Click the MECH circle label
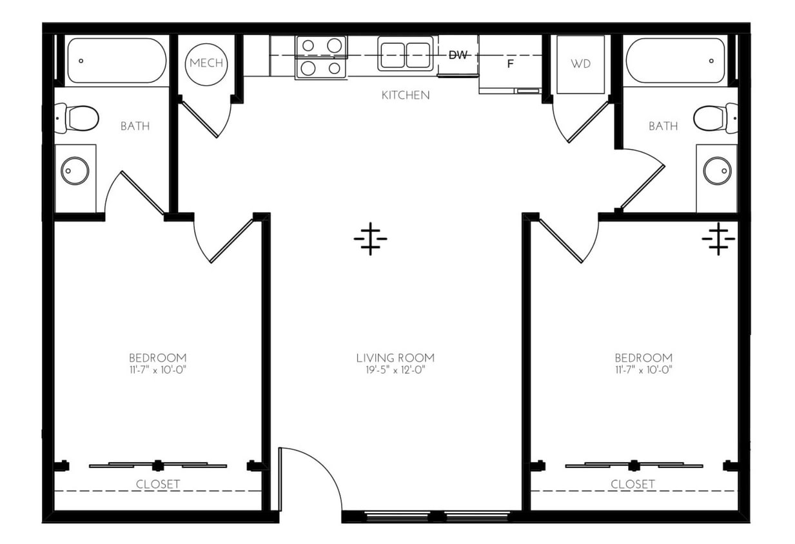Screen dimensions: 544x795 click(x=206, y=63)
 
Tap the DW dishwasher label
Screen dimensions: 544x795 click(x=458, y=55)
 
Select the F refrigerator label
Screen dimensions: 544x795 click(x=510, y=64)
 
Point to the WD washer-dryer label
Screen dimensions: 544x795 click(x=580, y=64)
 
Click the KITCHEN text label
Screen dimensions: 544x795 click(x=406, y=95)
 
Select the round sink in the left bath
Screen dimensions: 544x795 click(x=75, y=171)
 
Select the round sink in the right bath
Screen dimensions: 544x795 click(x=716, y=171)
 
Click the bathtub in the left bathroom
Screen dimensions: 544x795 click(x=116, y=61)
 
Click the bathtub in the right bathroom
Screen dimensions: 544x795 click(x=676, y=61)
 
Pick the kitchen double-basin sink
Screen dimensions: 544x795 click(x=405, y=56)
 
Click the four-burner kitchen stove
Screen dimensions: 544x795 click(x=321, y=57)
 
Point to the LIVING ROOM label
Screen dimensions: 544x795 click(x=395, y=358)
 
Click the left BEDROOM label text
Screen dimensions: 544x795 click(x=157, y=358)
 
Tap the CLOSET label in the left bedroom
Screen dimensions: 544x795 click(x=158, y=484)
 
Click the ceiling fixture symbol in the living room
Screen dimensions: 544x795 click(x=370, y=239)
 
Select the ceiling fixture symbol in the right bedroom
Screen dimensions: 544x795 click(x=718, y=239)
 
